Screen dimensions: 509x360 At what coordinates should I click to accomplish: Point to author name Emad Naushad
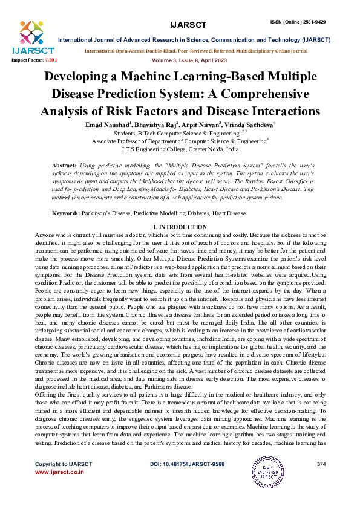(x=108, y=124)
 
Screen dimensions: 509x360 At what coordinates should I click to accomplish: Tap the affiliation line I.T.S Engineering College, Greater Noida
(x=180, y=149)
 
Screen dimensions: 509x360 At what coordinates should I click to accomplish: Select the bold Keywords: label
(x=67, y=213)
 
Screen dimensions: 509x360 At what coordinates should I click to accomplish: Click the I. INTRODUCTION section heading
(x=180, y=227)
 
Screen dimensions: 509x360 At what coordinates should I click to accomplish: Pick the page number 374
(x=321, y=464)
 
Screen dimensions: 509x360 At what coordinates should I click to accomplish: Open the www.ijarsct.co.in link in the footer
(x=59, y=472)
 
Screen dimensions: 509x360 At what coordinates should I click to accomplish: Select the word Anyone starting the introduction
(x=45, y=233)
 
